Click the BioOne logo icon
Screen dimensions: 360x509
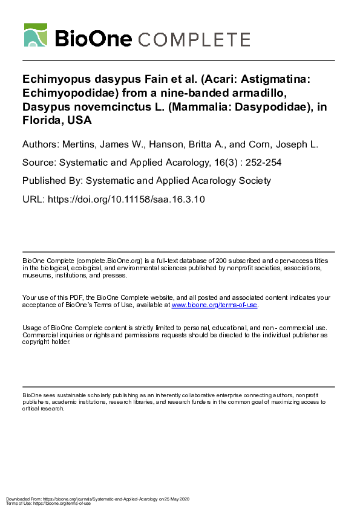click(x=36, y=35)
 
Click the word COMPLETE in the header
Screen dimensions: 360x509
click(x=194, y=40)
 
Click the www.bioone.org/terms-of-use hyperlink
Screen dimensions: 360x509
click(x=215, y=306)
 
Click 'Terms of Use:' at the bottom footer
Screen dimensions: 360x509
click(x=18, y=503)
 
